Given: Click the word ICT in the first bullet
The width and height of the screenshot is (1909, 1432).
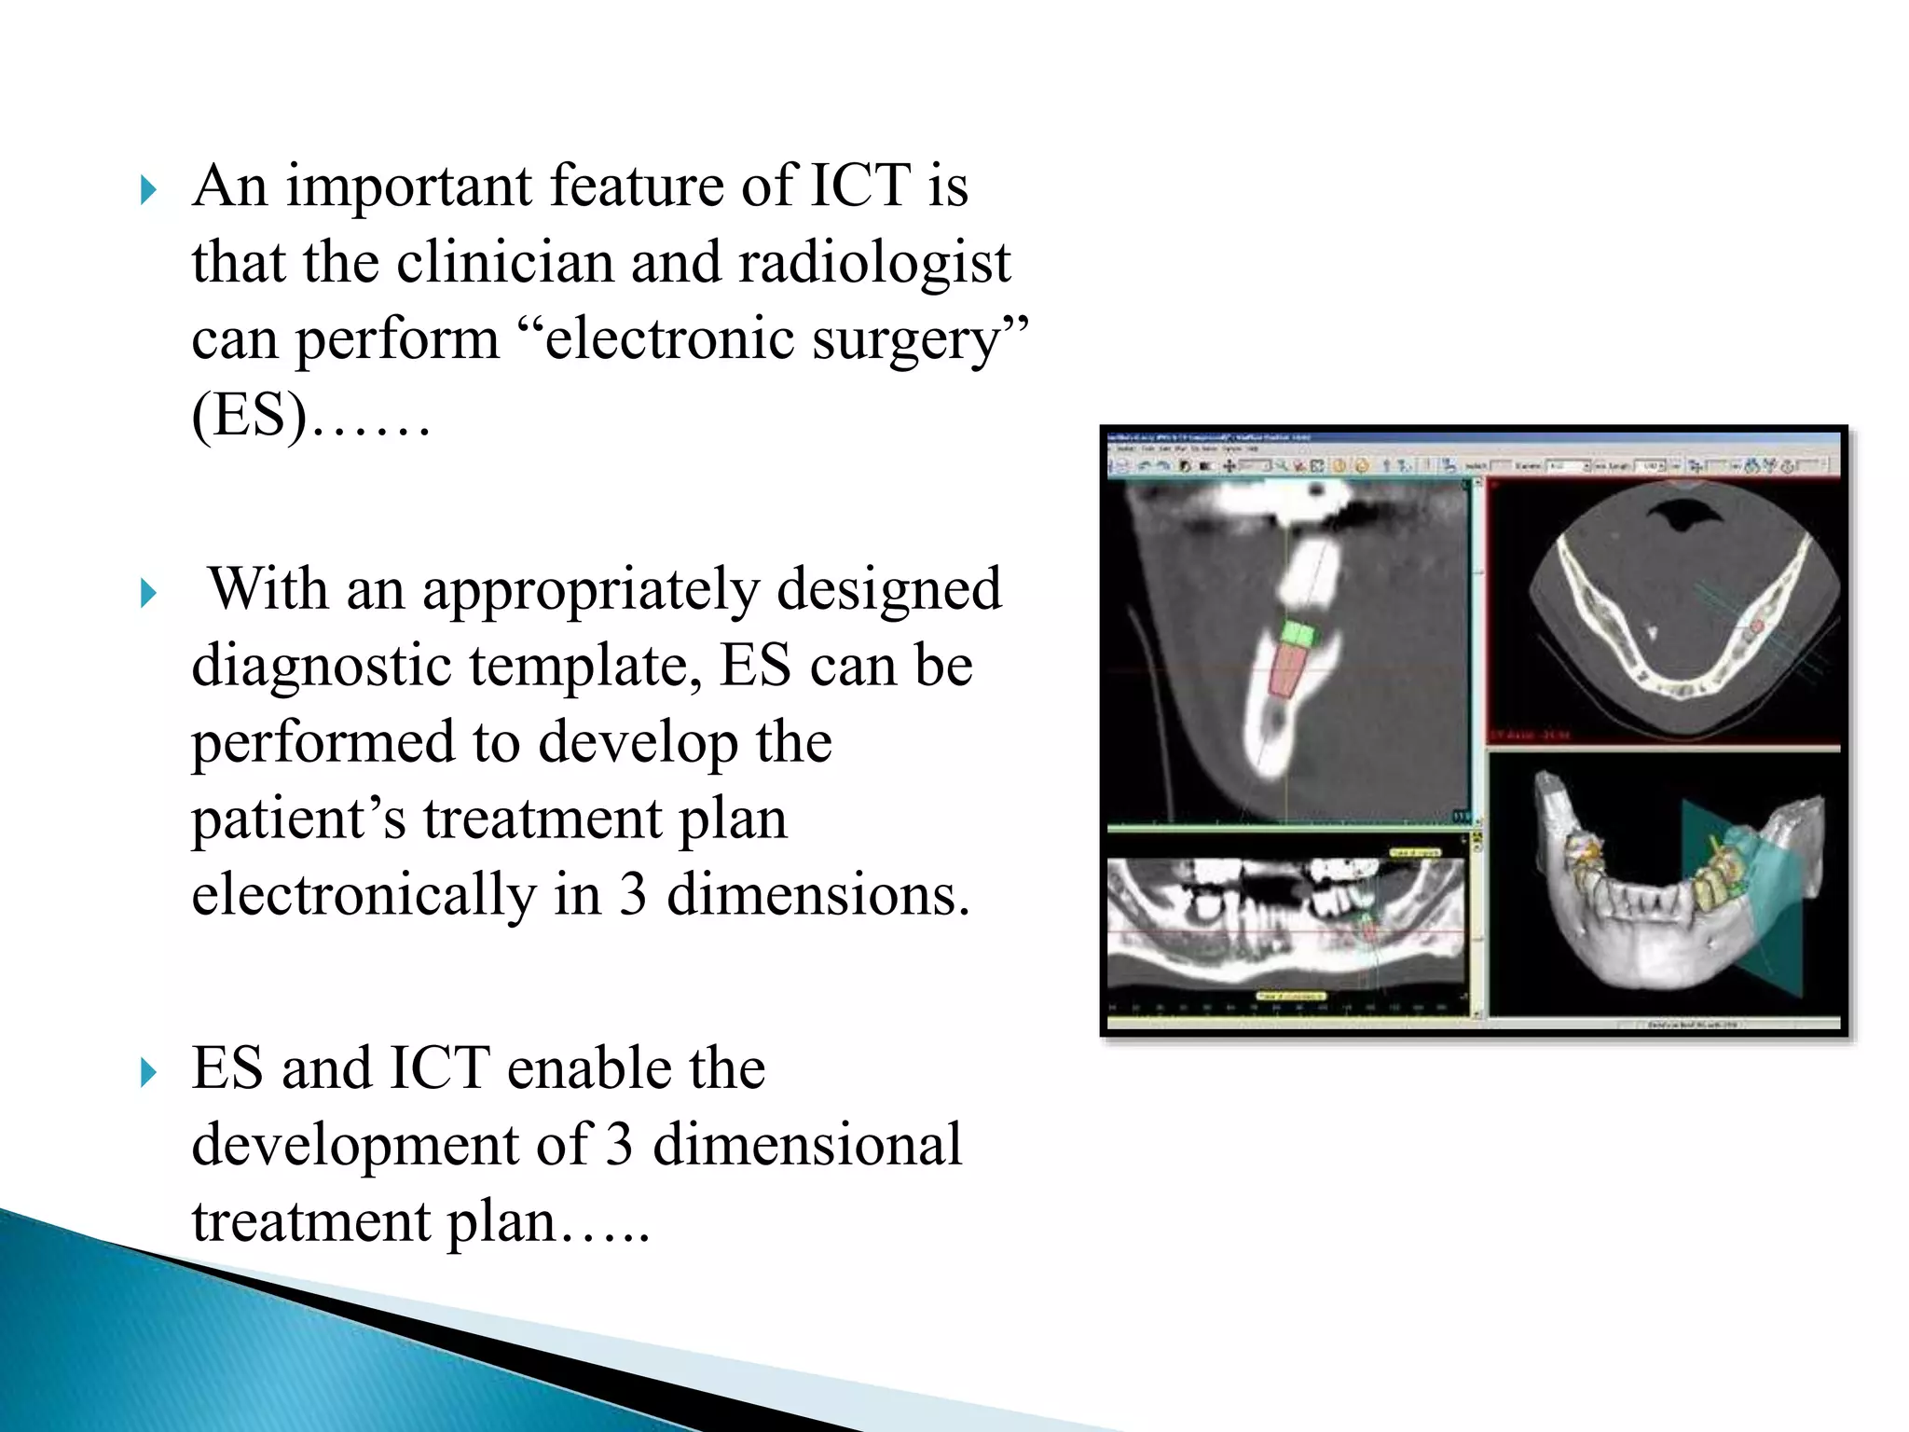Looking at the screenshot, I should tap(859, 185).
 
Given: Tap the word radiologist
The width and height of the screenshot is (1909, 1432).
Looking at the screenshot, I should tap(874, 262).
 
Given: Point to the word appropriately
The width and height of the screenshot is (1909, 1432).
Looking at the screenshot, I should tap(591, 589).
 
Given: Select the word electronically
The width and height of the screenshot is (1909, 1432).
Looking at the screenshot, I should tap(364, 895).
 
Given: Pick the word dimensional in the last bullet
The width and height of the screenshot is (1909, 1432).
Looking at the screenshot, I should tap(806, 1145).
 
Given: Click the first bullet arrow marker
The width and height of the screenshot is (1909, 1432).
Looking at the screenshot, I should tap(148, 191).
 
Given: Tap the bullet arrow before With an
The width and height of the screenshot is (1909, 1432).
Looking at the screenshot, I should tap(148, 594).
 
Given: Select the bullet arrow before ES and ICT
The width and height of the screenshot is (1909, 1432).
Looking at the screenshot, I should tap(148, 1073).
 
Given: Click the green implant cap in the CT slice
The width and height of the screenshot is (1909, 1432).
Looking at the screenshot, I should tap(1298, 634).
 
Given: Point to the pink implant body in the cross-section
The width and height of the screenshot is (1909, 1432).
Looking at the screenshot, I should tap(1287, 673).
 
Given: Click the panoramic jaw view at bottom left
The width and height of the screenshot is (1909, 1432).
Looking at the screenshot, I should tap(1286, 923).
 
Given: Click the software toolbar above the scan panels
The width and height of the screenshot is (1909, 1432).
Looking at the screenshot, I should tap(1473, 464).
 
